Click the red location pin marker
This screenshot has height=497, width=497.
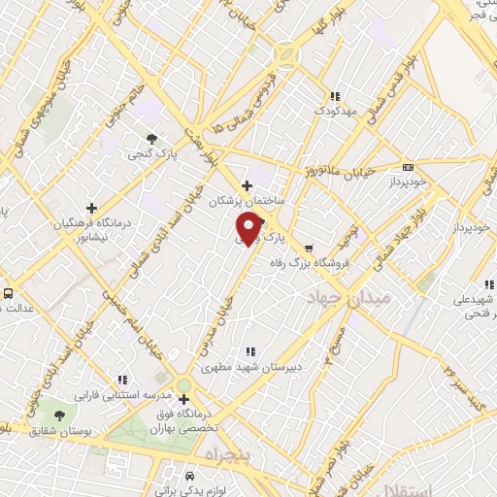click(x=248, y=227)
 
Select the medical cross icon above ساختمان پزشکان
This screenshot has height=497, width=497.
click(x=247, y=185)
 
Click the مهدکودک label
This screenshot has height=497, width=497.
click(x=336, y=112)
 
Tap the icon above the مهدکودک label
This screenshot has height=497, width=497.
click(x=335, y=96)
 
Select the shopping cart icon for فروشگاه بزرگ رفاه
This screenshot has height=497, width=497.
click(x=309, y=248)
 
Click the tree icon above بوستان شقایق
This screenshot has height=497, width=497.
click(x=60, y=414)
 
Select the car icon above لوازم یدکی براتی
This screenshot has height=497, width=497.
click(x=188, y=476)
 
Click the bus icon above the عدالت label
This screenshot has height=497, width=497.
click(x=8, y=292)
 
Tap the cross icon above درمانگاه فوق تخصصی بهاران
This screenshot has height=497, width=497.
click(x=183, y=398)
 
